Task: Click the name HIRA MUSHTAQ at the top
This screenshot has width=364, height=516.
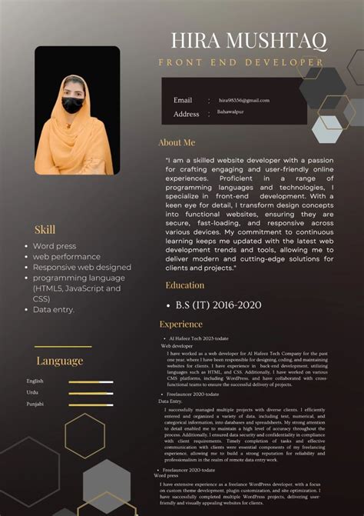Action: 249,40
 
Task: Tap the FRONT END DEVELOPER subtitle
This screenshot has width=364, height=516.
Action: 241,62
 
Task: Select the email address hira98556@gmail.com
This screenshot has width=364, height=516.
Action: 244,100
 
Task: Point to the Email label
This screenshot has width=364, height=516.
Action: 183,100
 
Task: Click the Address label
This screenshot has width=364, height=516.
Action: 186,114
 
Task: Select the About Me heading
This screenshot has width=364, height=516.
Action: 177,142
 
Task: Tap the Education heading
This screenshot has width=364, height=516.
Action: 185,285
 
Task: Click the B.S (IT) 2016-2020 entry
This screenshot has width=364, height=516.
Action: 219,305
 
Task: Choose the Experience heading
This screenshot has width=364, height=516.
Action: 180,325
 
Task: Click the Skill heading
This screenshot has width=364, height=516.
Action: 45,229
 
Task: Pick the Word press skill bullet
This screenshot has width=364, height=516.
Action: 54,246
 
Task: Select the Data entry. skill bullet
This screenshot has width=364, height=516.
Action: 54,310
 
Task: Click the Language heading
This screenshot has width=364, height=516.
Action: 59,361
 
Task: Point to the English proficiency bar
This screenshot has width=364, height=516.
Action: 91,381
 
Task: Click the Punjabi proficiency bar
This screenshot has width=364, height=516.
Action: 91,404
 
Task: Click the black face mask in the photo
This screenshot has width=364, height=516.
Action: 73,105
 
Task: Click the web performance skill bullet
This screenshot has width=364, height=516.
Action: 66,257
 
